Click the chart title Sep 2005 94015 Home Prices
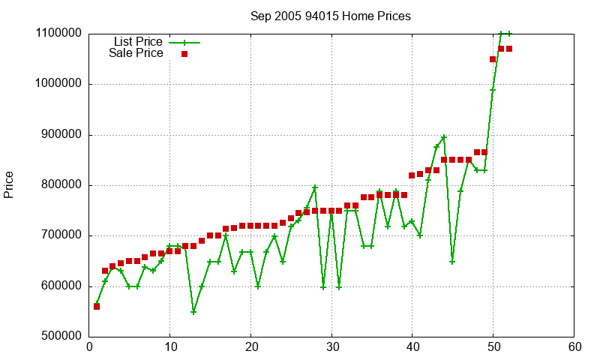tap(331, 16)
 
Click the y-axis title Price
tap(9, 184)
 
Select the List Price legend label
tap(138, 41)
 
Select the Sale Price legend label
tap(136, 53)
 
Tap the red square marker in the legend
tap(184, 53)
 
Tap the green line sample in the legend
tap(184, 42)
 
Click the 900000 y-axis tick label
tap(58, 135)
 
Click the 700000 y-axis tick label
tap(58, 235)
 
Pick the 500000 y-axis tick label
tap(58, 337)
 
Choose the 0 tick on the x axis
tap(89, 347)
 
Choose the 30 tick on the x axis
tap(331, 347)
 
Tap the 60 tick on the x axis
tap(574, 347)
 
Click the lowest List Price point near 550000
tap(193, 312)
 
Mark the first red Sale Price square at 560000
tap(97, 307)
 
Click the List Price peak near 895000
tap(444, 137)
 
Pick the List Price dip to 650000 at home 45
tap(452, 261)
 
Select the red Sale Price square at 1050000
tap(493, 59)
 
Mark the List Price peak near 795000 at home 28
tap(315, 187)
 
